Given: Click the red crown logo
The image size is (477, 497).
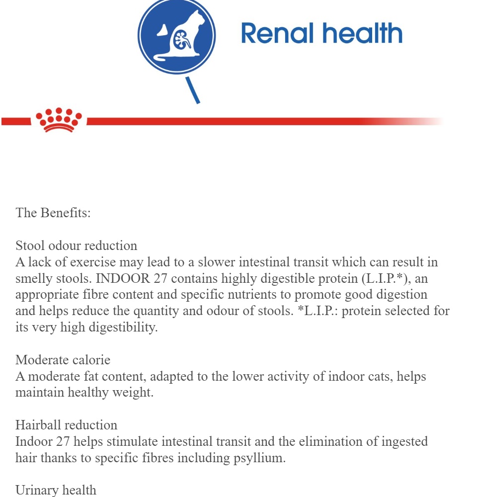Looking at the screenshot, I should pyautogui.click(x=59, y=120).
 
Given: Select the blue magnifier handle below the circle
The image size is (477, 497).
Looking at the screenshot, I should pyautogui.click(x=193, y=90).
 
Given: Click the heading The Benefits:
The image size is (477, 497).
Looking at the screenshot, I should pyautogui.click(x=53, y=213).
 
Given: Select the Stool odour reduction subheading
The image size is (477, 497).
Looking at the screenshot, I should pyautogui.click(x=76, y=246).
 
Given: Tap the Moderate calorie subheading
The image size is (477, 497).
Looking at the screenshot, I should pyautogui.click(x=63, y=360).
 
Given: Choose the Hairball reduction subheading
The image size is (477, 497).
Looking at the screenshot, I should pyautogui.click(x=66, y=425).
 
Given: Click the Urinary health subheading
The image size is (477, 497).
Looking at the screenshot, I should pyautogui.click(x=56, y=490).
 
